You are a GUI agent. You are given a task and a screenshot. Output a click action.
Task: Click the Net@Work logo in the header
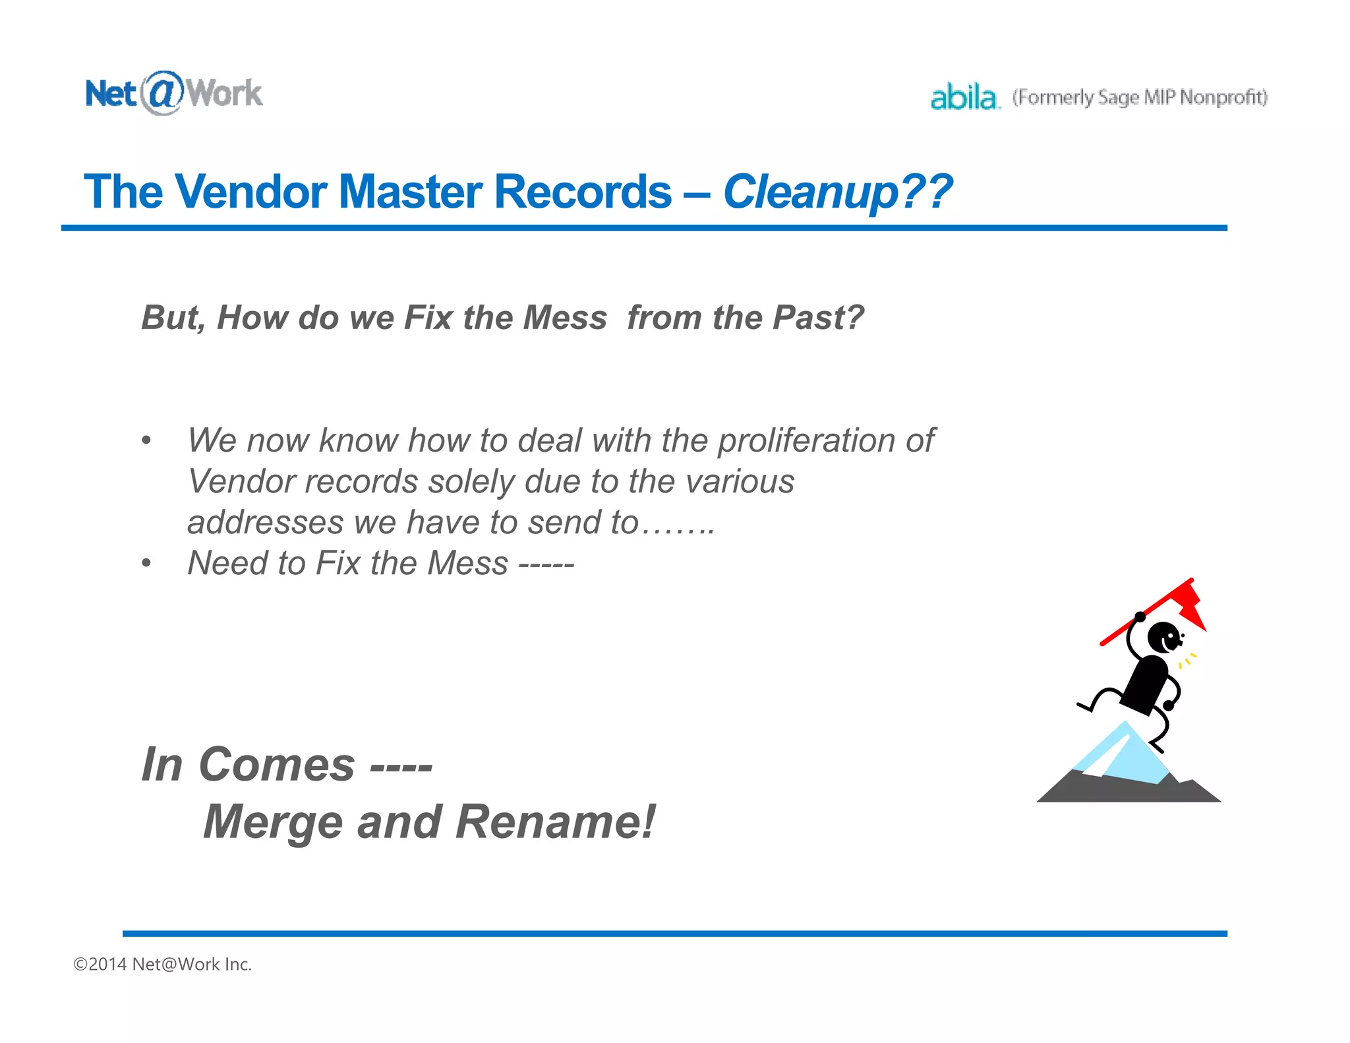(x=174, y=93)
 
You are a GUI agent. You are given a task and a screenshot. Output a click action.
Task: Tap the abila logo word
(x=964, y=98)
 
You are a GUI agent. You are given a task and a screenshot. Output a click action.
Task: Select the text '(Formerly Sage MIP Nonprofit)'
(x=1140, y=98)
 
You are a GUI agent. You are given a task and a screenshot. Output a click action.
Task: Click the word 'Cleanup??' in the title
(x=837, y=192)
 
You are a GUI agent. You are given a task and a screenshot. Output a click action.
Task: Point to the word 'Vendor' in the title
(x=251, y=192)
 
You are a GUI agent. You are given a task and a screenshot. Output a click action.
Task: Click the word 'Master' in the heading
(x=410, y=192)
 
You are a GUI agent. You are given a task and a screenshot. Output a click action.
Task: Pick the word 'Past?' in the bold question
(x=818, y=318)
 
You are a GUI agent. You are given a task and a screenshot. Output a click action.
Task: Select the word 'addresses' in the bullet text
(x=265, y=522)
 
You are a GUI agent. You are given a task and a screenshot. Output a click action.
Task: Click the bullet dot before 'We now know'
(x=146, y=440)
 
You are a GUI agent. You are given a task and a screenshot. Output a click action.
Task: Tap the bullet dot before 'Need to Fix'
(x=146, y=564)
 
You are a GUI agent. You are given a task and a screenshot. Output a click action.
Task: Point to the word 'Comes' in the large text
(x=277, y=765)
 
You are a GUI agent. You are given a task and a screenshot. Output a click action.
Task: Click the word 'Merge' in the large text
(x=273, y=822)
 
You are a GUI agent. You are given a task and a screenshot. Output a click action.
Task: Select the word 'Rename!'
(x=555, y=822)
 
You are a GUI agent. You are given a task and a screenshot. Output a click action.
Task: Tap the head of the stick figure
(x=1163, y=637)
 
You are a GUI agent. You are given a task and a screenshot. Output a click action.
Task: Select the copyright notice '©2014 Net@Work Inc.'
(x=163, y=964)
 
